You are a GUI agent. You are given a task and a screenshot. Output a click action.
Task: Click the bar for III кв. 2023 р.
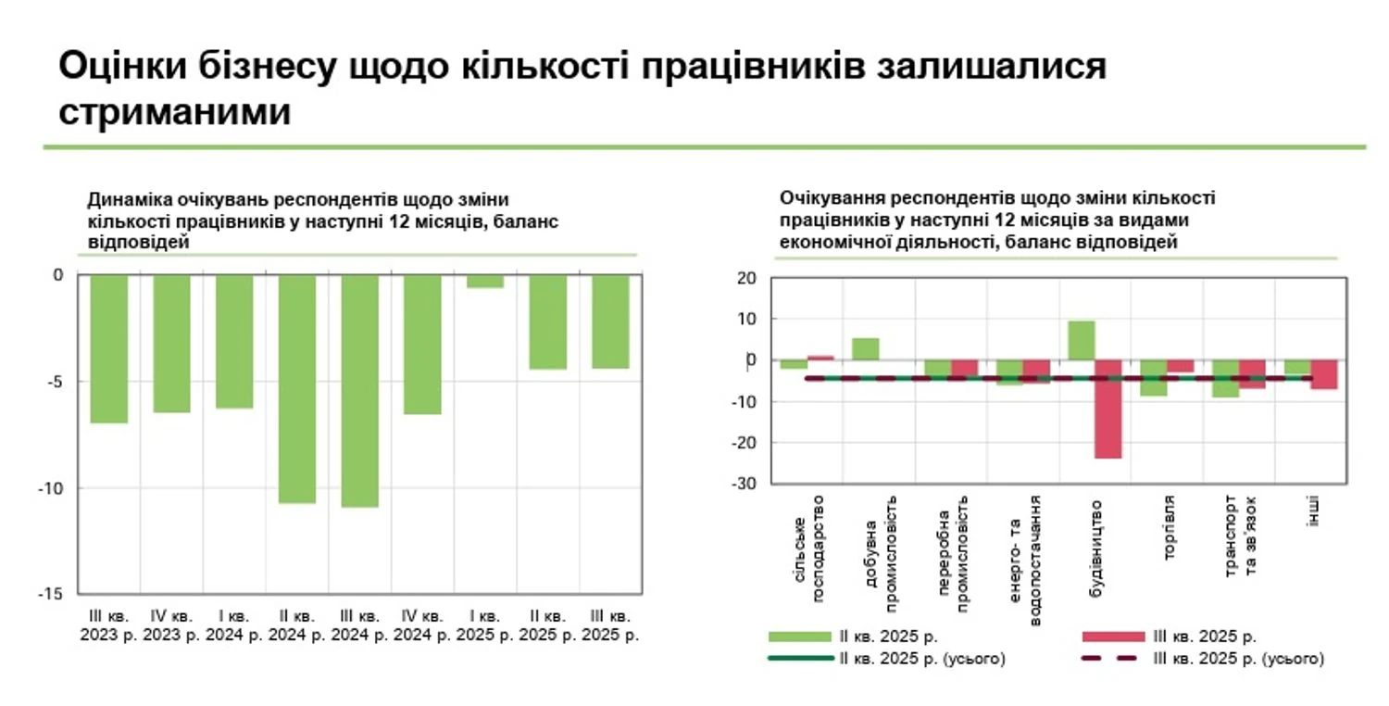point(108,348)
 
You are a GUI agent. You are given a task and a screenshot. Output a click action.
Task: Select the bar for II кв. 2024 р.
point(297,388)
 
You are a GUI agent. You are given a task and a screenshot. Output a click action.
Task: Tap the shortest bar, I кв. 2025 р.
point(485,282)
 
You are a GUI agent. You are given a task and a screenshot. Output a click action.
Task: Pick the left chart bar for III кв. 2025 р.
point(610,321)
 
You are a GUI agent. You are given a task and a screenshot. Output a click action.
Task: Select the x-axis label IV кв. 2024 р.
point(422,625)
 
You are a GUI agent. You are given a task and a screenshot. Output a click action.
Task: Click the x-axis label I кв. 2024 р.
point(233,625)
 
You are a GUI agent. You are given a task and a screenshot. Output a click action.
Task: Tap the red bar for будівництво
point(1107,409)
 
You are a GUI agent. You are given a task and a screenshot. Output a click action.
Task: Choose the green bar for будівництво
point(1081,340)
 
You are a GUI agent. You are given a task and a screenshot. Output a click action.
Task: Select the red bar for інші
point(1324,374)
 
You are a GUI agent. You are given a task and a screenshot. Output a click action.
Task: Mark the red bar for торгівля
point(1180,366)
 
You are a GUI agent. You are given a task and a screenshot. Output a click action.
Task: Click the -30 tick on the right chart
point(744,484)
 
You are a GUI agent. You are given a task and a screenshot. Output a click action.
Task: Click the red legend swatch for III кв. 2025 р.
point(1113,637)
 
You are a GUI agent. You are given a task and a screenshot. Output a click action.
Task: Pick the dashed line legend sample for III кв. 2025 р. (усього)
point(1113,659)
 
